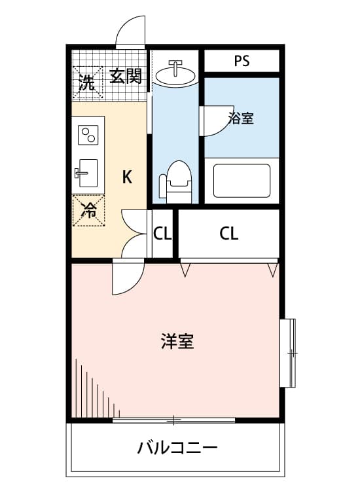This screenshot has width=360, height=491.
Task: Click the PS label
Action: pos(242,61)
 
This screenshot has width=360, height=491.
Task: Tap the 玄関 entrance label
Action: pos(126,76)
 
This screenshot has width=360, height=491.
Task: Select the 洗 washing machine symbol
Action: pos(88,82)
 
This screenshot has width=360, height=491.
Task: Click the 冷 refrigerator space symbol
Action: pos(88,210)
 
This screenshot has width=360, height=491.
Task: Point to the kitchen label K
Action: pos(127,177)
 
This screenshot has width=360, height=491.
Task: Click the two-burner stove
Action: pos(88,135)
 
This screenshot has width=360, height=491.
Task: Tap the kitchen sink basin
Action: pos(86,173)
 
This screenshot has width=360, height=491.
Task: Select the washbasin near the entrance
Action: pos(175,73)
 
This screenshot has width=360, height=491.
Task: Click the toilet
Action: pos(175,181)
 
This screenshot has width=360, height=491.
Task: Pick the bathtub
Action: pos(242,181)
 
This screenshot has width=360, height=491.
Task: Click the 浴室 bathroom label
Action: pos(241,118)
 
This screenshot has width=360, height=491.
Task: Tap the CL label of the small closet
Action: pos(162,233)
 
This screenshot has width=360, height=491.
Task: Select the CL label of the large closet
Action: pos(229,233)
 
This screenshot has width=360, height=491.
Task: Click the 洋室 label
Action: pos(177,341)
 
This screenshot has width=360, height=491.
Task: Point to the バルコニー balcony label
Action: pos(177,448)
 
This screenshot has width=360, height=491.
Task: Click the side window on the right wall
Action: pos(288,353)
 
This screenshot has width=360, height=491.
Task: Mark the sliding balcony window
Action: pos(173,420)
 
